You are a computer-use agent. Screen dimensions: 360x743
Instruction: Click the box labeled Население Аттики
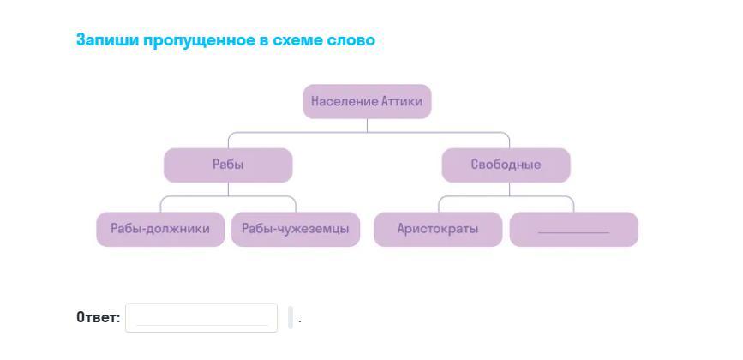click(x=367, y=101)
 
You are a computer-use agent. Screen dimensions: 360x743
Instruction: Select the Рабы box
click(x=228, y=165)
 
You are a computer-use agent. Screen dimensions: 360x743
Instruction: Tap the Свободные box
click(x=506, y=165)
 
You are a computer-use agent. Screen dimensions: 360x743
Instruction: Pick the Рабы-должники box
click(x=160, y=229)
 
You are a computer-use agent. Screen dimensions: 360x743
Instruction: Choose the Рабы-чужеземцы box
click(x=295, y=229)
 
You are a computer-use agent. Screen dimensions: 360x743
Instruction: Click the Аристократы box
click(x=438, y=229)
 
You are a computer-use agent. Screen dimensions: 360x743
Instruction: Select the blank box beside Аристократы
click(x=573, y=229)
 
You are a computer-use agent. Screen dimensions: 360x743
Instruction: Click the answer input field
click(x=201, y=317)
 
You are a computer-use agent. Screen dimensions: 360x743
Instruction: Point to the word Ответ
click(x=96, y=317)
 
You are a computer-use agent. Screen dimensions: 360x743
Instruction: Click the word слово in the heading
click(x=351, y=40)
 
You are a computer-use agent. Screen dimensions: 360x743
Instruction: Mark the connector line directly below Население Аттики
click(x=367, y=125)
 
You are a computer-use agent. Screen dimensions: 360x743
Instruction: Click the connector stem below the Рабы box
click(x=228, y=189)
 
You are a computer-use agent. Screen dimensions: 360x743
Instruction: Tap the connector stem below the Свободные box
click(x=506, y=189)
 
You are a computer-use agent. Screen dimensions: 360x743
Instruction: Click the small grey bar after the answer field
click(x=291, y=317)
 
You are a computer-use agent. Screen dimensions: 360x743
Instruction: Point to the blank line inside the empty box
click(x=573, y=232)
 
